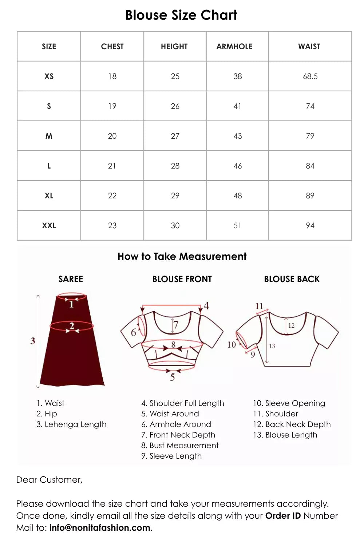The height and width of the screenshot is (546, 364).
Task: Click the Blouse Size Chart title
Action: pyautogui.click(x=181, y=15)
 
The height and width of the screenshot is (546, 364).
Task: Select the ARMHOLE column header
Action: pyautogui.click(x=234, y=47)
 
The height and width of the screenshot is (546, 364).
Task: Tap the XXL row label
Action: pyautogui.click(x=49, y=226)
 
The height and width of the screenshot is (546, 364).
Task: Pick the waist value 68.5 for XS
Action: pyautogui.click(x=310, y=76)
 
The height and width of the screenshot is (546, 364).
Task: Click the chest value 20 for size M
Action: pyautogui.click(x=112, y=136)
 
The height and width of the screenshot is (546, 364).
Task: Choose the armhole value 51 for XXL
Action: pyautogui.click(x=237, y=226)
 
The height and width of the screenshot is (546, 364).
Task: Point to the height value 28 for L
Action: pyautogui.click(x=175, y=166)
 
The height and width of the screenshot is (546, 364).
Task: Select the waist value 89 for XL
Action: pyautogui.click(x=310, y=196)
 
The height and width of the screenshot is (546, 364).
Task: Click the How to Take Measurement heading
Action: pyautogui.click(x=182, y=257)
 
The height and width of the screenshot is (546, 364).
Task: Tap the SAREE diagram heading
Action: pyautogui.click(x=71, y=279)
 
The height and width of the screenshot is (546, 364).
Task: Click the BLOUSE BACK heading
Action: pyautogui.click(x=292, y=279)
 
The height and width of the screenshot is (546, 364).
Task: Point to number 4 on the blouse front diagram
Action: pyautogui.click(x=206, y=306)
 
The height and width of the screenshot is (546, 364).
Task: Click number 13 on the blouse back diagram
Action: pyautogui.click(x=272, y=346)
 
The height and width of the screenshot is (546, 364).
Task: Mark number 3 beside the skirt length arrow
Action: pyautogui.click(x=33, y=341)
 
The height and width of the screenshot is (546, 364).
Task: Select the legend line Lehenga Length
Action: pyautogui.click(x=72, y=424)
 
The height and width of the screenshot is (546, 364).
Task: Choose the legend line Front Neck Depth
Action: pyautogui.click(x=178, y=435)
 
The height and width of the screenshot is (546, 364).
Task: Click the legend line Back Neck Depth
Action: pyautogui.click(x=292, y=424)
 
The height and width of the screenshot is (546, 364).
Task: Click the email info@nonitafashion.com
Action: pyautogui.click(x=100, y=528)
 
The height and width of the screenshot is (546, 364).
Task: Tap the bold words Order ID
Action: pyautogui.click(x=283, y=516)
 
